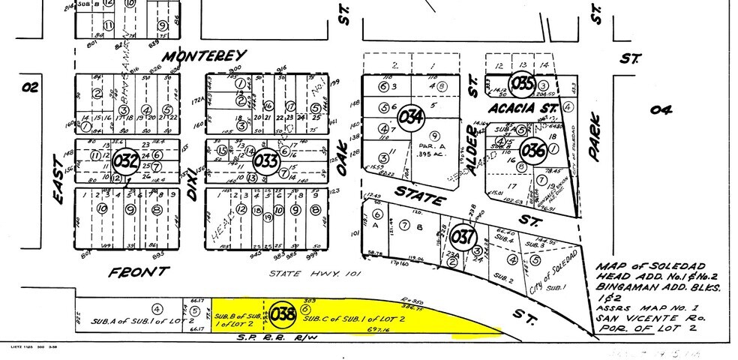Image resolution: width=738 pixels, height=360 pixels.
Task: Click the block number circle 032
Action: [x=126, y=160]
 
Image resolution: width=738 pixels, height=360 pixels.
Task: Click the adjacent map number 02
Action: [x=29, y=87]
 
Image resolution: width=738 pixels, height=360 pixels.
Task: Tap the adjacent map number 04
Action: [x=660, y=111]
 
